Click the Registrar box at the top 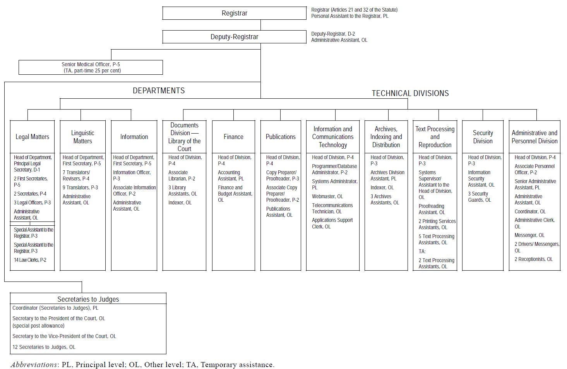[x=234, y=13]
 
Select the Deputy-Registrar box [x=234, y=37]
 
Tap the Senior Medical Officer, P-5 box [x=91, y=67]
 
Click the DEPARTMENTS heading [x=159, y=91]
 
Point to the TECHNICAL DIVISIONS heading [x=410, y=93]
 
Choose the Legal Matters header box [x=32, y=137]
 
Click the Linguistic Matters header [x=82, y=137]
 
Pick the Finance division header [x=233, y=137]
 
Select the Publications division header [x=281, y=137]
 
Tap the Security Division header [x=483, y=137]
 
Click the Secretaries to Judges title [x=88, y=299]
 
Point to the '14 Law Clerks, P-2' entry [x=30, y=260]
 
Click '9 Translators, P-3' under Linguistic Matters [x=80, y=187]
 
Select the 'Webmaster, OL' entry [x=327, y=196]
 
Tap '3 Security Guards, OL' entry [x=480, y=197]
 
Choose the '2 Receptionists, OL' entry [x=533, y=259]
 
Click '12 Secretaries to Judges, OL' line [x=44, y=347]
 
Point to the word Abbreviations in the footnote [x=33, y=365]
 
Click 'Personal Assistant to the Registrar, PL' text [x=349, y=16]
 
